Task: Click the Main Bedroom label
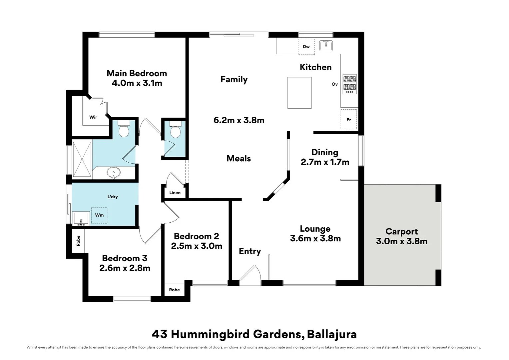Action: coord(137,73)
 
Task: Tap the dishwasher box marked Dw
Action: coord(306,47)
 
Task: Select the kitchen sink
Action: coord(326,46)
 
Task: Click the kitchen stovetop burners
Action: coord(349,84)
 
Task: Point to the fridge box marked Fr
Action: coord(349,119)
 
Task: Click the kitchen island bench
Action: coord(299,93)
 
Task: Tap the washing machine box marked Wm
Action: coord(99,215)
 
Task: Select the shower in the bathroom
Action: coord(82,159)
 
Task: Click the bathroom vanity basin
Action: coord(114,173)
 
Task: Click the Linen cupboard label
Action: coord(175,193)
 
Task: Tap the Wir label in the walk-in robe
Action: coord(93,117)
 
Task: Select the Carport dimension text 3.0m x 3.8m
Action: coord(401,241)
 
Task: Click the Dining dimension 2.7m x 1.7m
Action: coord(325,162)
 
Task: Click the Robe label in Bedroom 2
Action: coord(174,290)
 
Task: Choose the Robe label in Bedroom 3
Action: coord(78,241)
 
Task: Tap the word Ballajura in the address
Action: coord(331,334)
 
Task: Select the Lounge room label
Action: coord(315,229)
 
